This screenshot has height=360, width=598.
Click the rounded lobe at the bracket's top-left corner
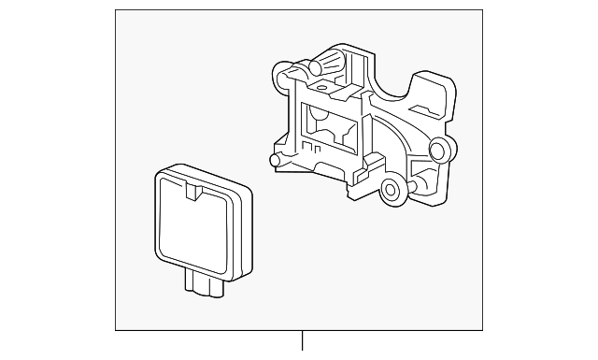pyautogui.click(x=278, y=72)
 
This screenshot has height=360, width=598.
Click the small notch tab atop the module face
pyautogui.click(x=194, y=192)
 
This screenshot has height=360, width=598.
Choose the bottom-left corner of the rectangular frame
pyautogui.click(x=116, y=329)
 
